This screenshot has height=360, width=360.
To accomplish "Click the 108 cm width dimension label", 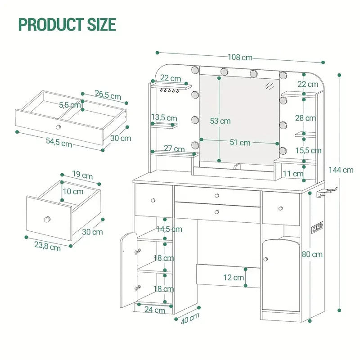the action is pyautogui.click(x=240, y=57).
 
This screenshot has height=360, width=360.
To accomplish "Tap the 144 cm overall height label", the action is pyautogui.click(x=341, y=170).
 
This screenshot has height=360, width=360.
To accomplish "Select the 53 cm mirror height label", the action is pyautogui.click(x=220, y=121).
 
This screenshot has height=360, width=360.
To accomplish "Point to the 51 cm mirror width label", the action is pyautogui.click(x=240, y=143).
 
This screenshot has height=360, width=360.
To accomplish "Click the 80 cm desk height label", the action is pyautogui.click(x=312, y=254).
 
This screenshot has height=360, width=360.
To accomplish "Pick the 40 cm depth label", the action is pyautogui.click(x=190, y=319).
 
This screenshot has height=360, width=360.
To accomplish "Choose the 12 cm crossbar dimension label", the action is pyautogui.click(x=234, y=278).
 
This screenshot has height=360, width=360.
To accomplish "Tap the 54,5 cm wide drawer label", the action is pyautogui.click(x=59, y=142).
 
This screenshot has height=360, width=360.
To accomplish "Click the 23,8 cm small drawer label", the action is pyautogui.click(x=48, y=246).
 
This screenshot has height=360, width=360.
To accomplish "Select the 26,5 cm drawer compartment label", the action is pyautogui.click(x=108, y=95).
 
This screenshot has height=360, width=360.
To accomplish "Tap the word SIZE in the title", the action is pyautogui.click(x=102, y=24).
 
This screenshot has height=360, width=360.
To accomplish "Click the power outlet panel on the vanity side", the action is pyautogui.click(x=317, y=228).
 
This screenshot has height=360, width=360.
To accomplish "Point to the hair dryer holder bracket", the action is pyautogui.click(x=326, y=193).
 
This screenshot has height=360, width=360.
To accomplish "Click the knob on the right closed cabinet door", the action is pyautogui.click(x=265, y=259).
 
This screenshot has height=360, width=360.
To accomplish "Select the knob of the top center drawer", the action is pyautogui.click(x=217, y=196).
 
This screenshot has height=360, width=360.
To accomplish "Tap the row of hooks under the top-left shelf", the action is pyautogui.click(x=169, y=90).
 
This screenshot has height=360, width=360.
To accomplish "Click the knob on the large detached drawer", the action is pyautogui.click(x=58, y=127).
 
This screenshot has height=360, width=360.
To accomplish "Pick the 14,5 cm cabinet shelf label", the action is pyautogui.click(x=169, y=229).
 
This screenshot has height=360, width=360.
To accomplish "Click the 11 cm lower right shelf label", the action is pyautogui.click(x=293, y=174).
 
